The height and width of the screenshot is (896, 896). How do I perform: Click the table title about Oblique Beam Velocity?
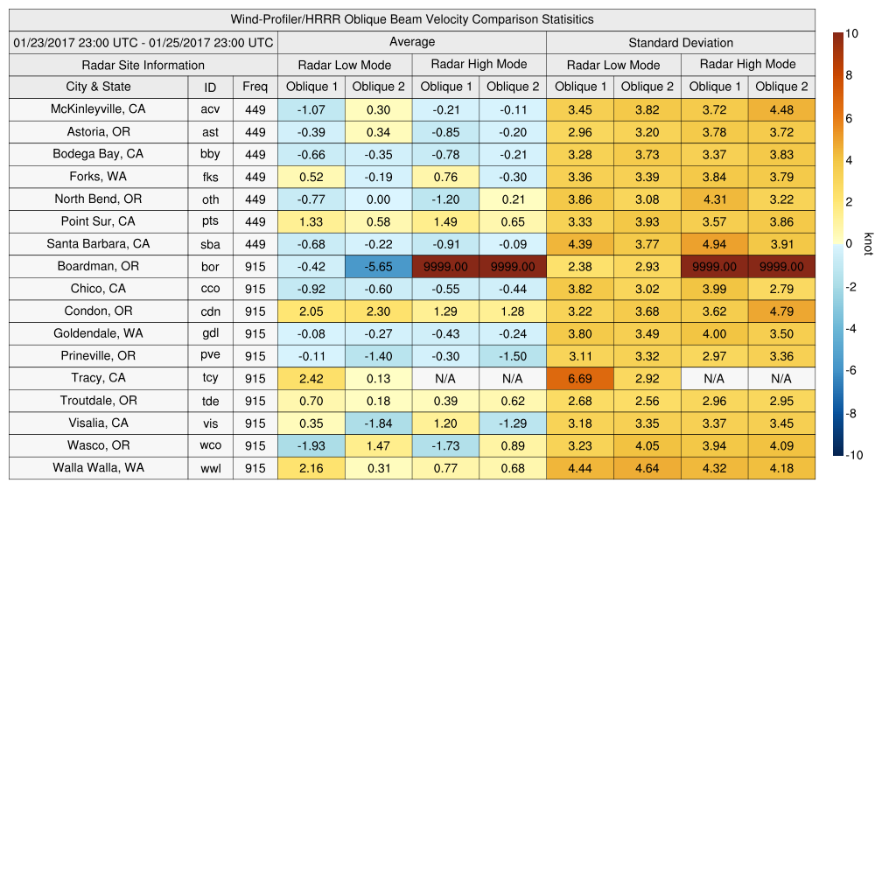411,19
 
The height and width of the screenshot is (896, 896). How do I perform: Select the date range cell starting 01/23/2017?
143,42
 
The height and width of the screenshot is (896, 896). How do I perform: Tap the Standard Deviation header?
681,42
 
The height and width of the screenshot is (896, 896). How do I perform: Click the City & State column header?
98,87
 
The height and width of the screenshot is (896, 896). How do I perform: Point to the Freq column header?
255,87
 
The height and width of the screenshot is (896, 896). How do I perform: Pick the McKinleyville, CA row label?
98,109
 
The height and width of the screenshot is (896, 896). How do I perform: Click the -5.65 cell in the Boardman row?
378,267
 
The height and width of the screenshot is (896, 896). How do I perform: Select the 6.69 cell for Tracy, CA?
579,378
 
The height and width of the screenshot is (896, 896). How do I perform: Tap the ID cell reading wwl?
210,468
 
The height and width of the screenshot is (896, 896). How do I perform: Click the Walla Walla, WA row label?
98,467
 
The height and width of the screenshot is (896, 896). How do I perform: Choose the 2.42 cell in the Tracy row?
311,378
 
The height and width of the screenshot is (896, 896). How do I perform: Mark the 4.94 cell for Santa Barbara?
714,244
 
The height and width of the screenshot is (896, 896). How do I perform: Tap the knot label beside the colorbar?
869,244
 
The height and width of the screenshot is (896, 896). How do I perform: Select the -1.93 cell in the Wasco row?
311,445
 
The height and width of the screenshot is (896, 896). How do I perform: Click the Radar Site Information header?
143,65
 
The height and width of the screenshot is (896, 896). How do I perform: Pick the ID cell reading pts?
210,221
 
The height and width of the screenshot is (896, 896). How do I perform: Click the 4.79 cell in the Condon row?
781,311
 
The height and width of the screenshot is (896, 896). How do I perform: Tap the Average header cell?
411,42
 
